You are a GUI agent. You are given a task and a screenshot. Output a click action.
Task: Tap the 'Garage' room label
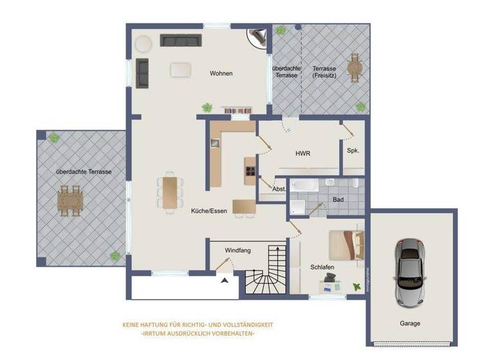[410, 323]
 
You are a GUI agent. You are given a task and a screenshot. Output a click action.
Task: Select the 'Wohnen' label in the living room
[221, 73]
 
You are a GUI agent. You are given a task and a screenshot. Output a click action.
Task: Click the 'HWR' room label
[303, 154]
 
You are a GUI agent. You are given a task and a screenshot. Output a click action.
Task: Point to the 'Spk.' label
[352, 151]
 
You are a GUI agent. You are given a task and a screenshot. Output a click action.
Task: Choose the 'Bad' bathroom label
[338, 200]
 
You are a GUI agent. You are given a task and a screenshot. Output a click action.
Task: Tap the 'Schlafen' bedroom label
[322, 266]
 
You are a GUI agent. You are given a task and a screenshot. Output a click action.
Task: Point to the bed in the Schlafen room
[346, 245]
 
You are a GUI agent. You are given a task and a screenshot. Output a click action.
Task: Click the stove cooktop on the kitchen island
[250, 171]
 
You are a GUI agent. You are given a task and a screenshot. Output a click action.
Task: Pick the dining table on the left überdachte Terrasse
[70, 200]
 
